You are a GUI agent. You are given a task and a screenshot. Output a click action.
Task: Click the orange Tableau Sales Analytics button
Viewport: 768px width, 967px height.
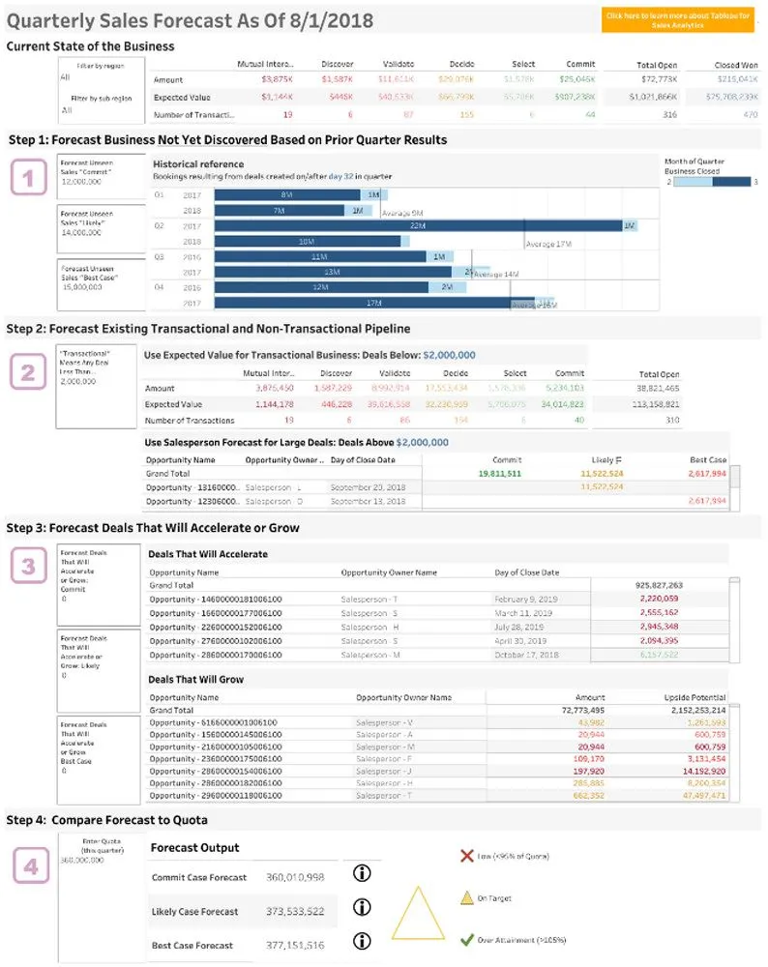click(x=677, y=20)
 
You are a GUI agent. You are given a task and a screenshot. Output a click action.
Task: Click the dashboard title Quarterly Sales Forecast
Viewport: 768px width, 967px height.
click(x=190, y=20)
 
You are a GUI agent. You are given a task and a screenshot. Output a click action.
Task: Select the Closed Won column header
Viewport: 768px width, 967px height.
click(x=735, y=65)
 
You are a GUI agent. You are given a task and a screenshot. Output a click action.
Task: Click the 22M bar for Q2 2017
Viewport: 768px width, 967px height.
click(x=417, y=225)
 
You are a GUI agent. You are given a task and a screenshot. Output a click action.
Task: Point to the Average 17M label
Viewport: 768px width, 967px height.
click(x=553, y=245)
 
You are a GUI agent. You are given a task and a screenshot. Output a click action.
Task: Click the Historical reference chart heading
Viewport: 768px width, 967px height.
click(x=198, y=164)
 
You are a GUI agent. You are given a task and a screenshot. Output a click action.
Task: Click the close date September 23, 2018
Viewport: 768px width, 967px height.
click(x=368, y=487)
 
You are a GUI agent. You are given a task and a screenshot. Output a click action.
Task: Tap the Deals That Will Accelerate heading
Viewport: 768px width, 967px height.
click(x=207, y=554)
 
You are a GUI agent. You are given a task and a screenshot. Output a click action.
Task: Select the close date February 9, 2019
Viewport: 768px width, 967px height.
click(x=529, y=600)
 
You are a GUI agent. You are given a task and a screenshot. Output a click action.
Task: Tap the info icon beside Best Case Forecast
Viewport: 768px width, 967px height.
click(x=363, y=941)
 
